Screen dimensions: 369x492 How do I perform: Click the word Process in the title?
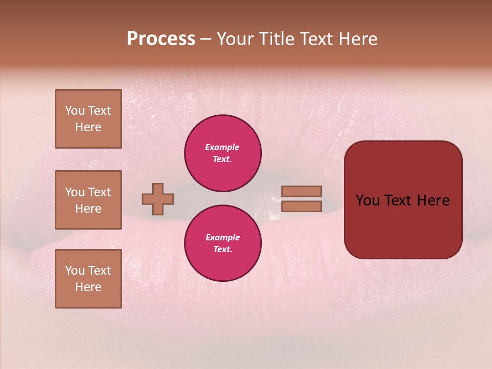(161, 39)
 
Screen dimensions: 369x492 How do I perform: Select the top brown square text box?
(88, 119)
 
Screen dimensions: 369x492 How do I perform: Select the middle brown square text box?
(88, 200)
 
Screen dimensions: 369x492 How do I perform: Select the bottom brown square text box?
(88, 278)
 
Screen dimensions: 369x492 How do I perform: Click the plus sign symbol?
(158, 199)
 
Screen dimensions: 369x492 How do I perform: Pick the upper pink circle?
(223, 153)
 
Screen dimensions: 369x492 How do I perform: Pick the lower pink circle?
(223, 243)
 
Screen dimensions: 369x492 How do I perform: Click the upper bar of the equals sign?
(301, 191)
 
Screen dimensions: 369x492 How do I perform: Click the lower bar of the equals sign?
(301, 206)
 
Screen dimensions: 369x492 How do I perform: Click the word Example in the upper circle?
(222, 147)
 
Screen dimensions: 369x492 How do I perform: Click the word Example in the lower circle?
(222, 237)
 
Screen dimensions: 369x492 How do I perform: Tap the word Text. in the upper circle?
(222, 159)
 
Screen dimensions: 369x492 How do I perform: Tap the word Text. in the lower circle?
(222, 250)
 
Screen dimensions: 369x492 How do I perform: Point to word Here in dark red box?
(433, 200)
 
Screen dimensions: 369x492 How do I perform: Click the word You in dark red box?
(367, 200)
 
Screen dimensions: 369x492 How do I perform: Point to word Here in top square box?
(88, 127)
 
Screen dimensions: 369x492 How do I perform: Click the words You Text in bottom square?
(88, 270)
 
